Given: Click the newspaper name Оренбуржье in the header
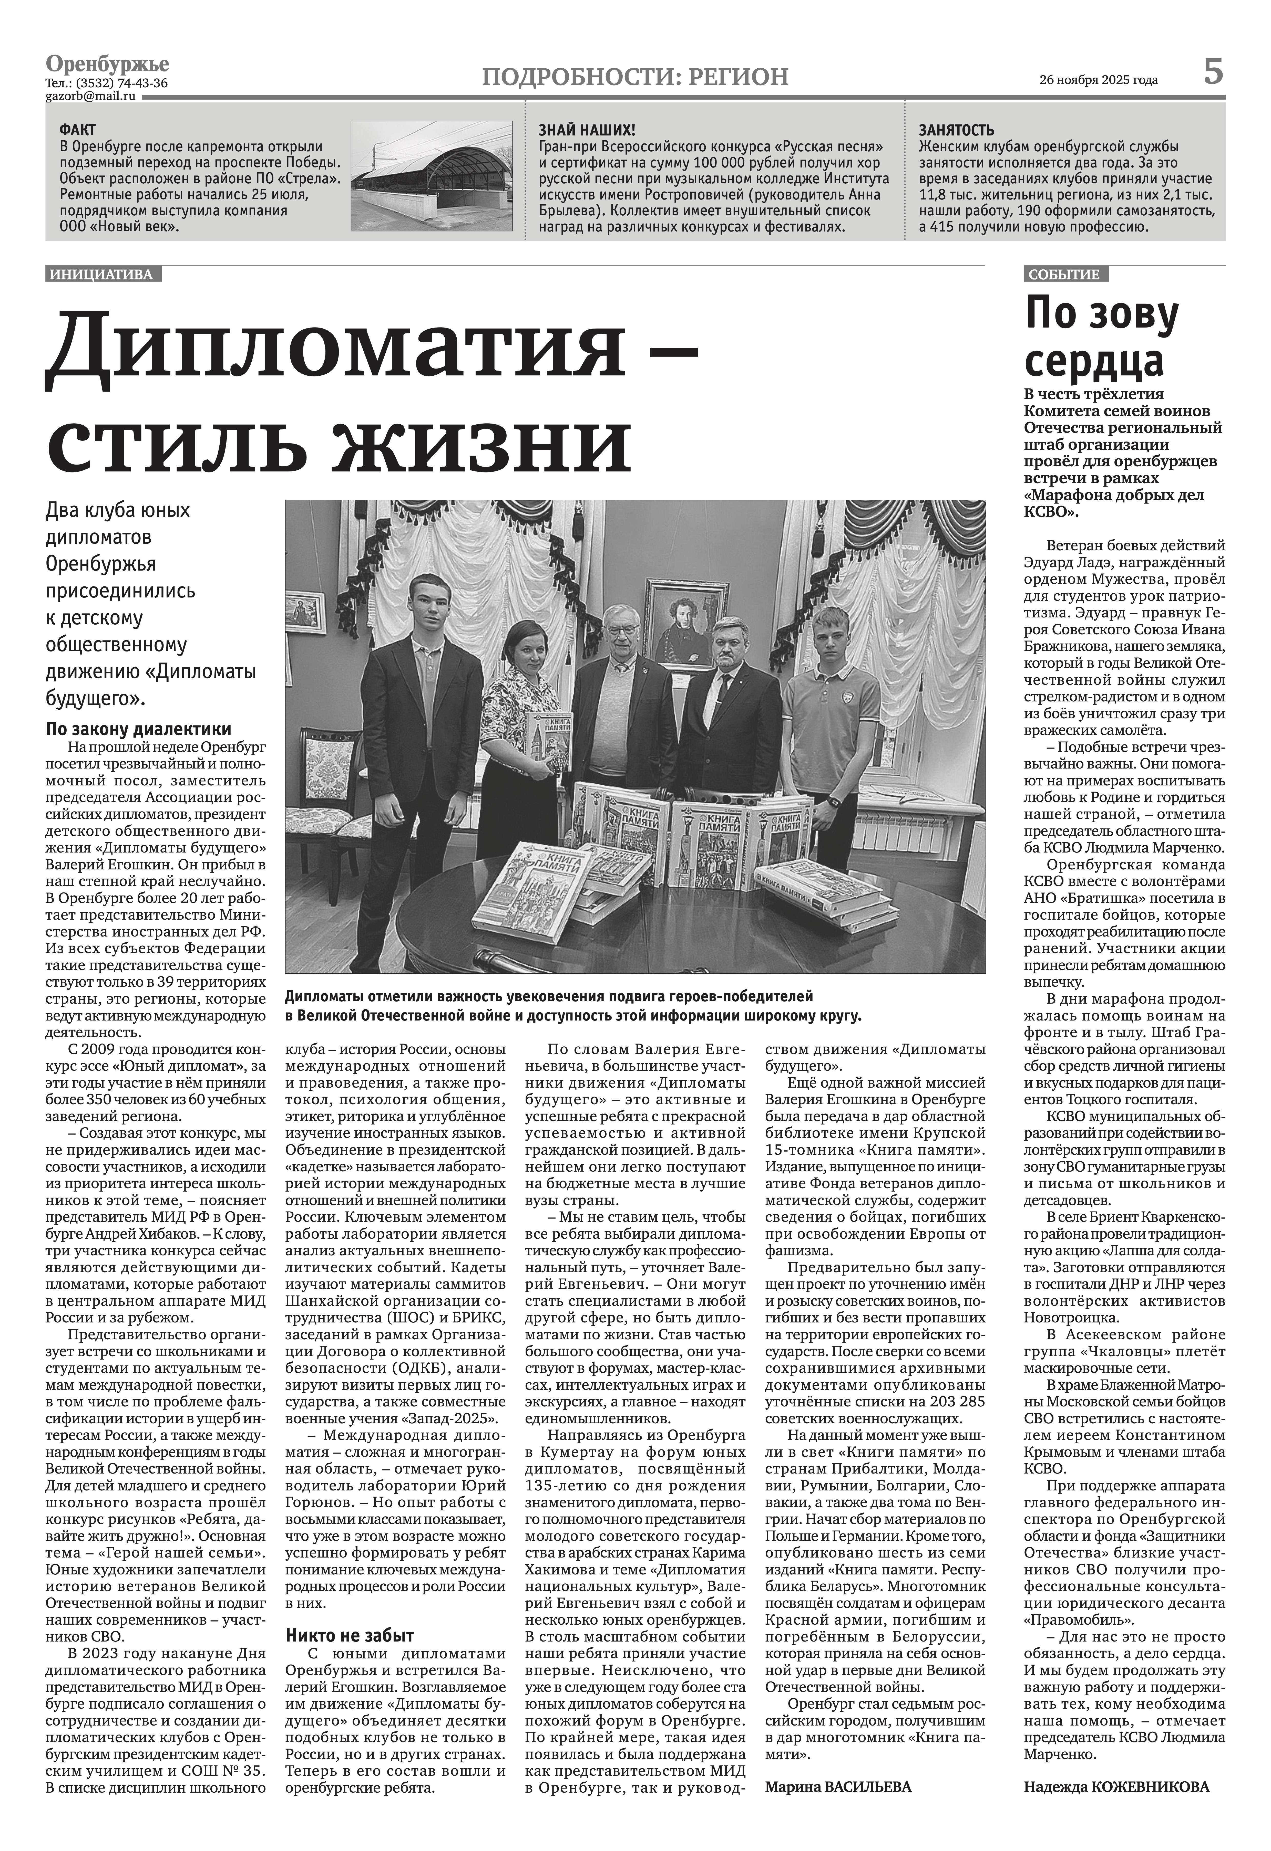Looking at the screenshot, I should tap(108, 64).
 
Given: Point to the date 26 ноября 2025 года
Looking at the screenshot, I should tap(1099, 80).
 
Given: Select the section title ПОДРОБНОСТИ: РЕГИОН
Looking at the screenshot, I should tap(635, 77).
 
